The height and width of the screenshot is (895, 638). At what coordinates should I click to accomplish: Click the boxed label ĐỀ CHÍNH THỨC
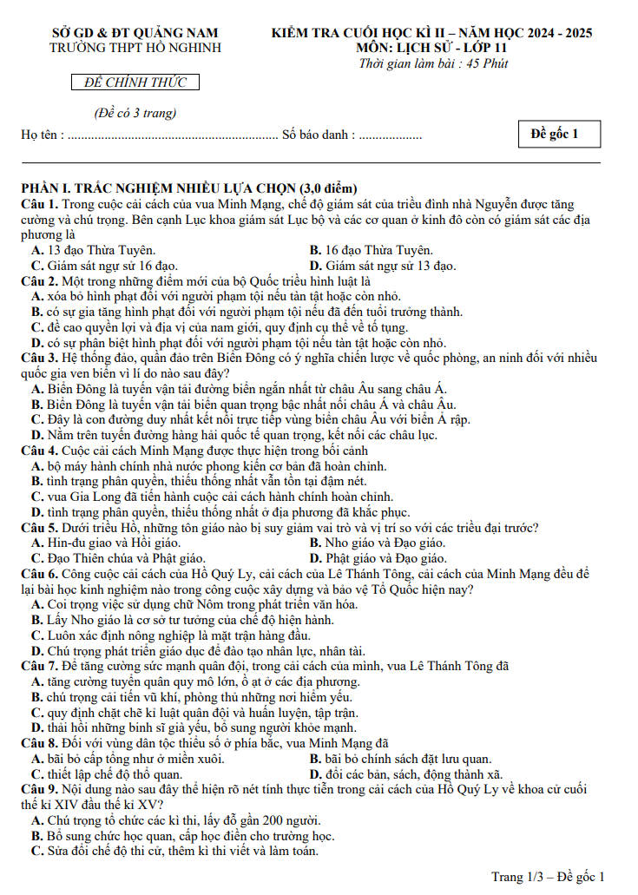pyautogui.click(x=135, y=82)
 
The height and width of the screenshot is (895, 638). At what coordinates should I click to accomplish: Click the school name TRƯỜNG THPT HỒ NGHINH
pyautogui.click(x=135, y=48)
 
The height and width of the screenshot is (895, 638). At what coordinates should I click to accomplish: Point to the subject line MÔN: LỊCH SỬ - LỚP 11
pyautogui.click(x=431, y=48)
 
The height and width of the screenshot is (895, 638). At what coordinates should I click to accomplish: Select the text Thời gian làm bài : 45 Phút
pyautogui.click(x=433, y=63)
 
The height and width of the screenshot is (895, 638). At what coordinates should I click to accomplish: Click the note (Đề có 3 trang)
pyautogui.click(x=135, y=113)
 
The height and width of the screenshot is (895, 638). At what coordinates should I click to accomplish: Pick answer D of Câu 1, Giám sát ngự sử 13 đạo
pyautogui.click(x=383, y=266)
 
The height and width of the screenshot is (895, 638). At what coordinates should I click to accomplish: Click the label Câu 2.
pyautogui.click(x=39, y=281)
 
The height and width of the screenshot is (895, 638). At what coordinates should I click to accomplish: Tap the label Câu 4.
pyautogui.click(x=39, y=451)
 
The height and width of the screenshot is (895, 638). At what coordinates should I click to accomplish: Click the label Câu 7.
pyautogui.click(x=39, y=666)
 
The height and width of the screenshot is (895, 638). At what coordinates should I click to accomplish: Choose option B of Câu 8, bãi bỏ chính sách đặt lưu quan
pyautogui.click(x=400, y=758)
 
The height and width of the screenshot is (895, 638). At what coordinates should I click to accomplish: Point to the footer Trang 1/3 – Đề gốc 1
pyautogui.click(x=547, y=877)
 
